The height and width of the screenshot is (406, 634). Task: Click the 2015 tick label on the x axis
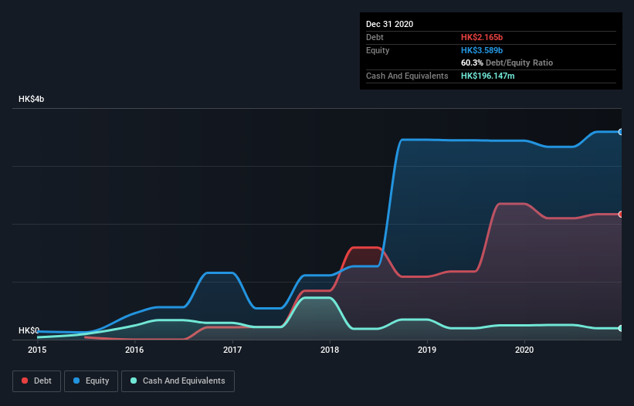37,350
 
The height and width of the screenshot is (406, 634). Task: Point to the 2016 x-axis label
134,350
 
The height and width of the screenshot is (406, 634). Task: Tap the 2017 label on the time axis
232,350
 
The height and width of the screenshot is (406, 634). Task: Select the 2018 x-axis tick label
330,350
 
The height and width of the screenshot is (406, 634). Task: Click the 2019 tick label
427,350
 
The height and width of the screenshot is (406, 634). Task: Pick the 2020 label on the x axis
525,350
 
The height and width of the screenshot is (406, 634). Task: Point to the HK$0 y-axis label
29,330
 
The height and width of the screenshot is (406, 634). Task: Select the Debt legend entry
38,381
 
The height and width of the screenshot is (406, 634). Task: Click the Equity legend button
92,381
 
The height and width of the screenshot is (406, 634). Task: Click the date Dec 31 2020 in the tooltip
389,24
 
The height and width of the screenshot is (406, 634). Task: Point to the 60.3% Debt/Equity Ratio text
507,63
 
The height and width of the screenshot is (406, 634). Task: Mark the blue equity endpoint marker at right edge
621,132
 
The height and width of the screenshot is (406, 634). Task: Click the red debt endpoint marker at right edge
621,214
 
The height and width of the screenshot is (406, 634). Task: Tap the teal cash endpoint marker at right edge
621,328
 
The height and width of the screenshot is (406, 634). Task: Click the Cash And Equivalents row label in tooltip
407,76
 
